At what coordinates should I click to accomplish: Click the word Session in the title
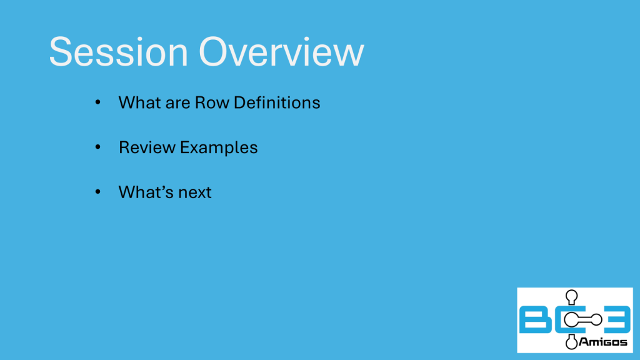click(118, 52)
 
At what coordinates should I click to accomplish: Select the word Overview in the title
click(281, 52)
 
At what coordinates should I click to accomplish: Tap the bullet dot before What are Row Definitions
click(97, 102)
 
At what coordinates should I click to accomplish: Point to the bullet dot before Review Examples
click(97, 146)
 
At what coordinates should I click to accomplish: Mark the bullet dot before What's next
click(97, 191)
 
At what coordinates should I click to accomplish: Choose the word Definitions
click(277, 102)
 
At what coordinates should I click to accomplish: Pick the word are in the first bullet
click(177, 104)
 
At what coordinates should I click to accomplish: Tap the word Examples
click(219, 148)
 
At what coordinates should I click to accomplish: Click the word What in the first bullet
click(139, 102)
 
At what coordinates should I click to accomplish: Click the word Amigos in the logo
click(603, 342)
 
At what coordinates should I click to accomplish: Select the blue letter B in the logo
click(535, 320)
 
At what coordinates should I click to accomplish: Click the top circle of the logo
click(571, 295)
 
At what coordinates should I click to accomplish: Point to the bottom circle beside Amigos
click(571, 343)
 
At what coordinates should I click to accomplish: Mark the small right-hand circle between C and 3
click(596, 319)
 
